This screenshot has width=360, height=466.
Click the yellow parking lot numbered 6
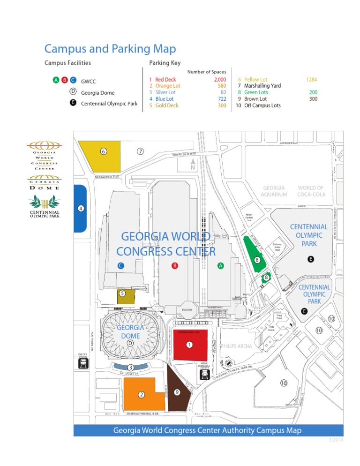click(x=101, y=156)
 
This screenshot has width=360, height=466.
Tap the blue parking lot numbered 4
click(x=81, y=208)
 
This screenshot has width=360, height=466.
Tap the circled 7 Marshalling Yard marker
click(x=140, y=151)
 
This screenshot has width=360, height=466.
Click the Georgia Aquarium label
click(x=274, y=191)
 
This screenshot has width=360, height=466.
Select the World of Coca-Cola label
click(x=311, y=191)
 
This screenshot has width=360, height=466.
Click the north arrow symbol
click(x=192, y=165)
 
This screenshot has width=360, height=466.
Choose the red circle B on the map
click(x=174, y=266)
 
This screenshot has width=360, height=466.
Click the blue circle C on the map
click(x=120, y=266)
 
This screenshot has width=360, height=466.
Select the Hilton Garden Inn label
click(x=249, y=218)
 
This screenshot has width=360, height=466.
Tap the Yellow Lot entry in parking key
click(x=256, y=80)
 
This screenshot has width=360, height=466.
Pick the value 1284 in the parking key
click(x=311, y=80)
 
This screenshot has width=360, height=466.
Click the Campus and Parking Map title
click(x=110, y=48)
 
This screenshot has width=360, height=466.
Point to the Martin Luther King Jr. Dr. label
click(x=142, y=414)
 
